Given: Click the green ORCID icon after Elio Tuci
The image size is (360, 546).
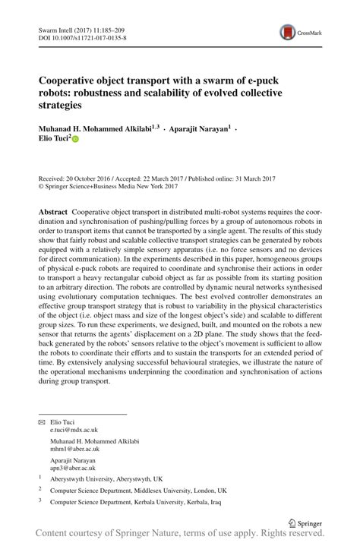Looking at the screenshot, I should pos(75,140).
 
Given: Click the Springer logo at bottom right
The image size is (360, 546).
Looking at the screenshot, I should pos(312,522).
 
